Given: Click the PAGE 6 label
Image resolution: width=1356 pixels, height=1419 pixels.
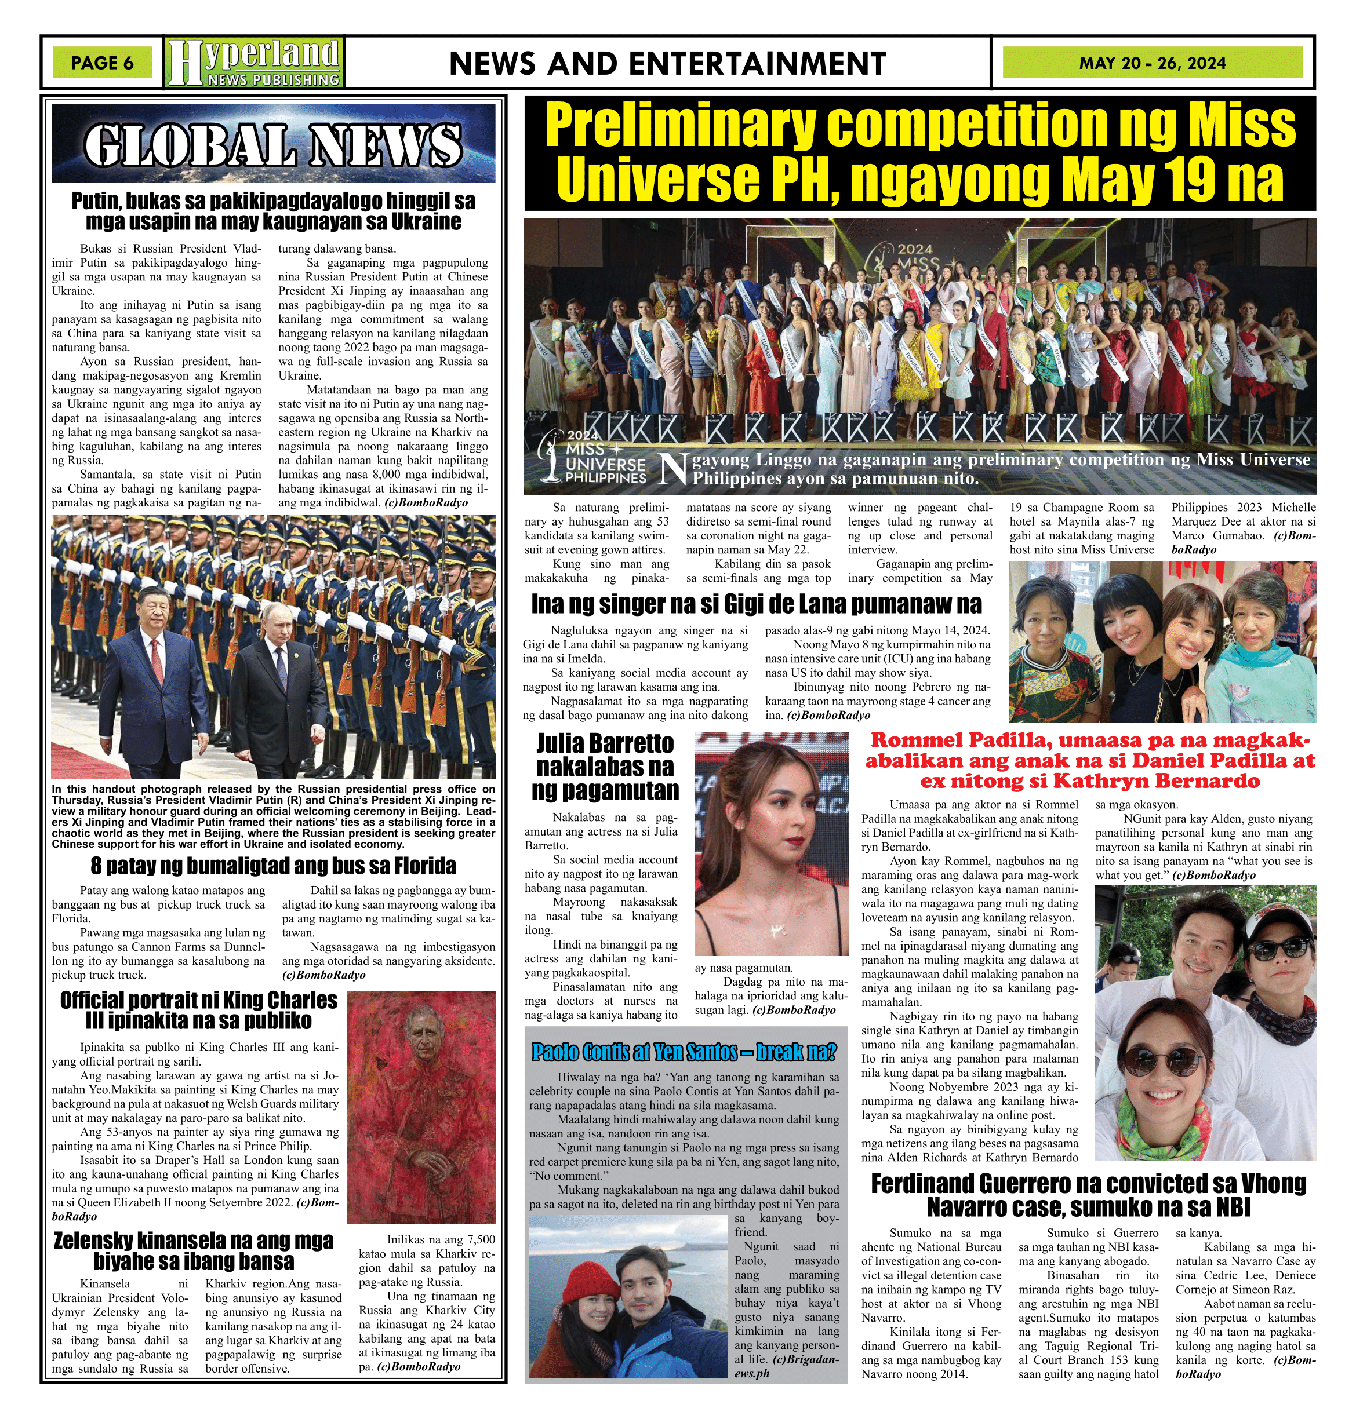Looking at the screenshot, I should (102, 63).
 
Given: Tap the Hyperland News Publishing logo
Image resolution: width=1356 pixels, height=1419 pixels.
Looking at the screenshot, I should (254, 63).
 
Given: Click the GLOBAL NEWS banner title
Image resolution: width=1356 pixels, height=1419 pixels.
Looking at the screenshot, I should (273, 144).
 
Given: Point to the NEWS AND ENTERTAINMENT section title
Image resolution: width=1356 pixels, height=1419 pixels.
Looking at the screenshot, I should (667, 64).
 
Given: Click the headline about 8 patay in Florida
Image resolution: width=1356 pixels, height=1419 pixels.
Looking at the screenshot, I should (273, 866).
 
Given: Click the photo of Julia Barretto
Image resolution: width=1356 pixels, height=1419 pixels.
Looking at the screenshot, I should (771, 844).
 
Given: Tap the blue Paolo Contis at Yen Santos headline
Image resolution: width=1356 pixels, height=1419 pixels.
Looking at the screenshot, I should (684, 1052).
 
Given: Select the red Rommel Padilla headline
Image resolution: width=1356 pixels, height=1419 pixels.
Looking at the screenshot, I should (1089, 760).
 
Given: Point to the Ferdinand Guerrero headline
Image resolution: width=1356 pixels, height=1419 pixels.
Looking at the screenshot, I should (1089, 1195).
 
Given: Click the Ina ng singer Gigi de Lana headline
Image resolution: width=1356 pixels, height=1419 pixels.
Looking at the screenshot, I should (756, 603).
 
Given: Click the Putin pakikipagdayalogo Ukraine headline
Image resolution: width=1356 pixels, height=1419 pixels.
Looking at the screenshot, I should (273, 211).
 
